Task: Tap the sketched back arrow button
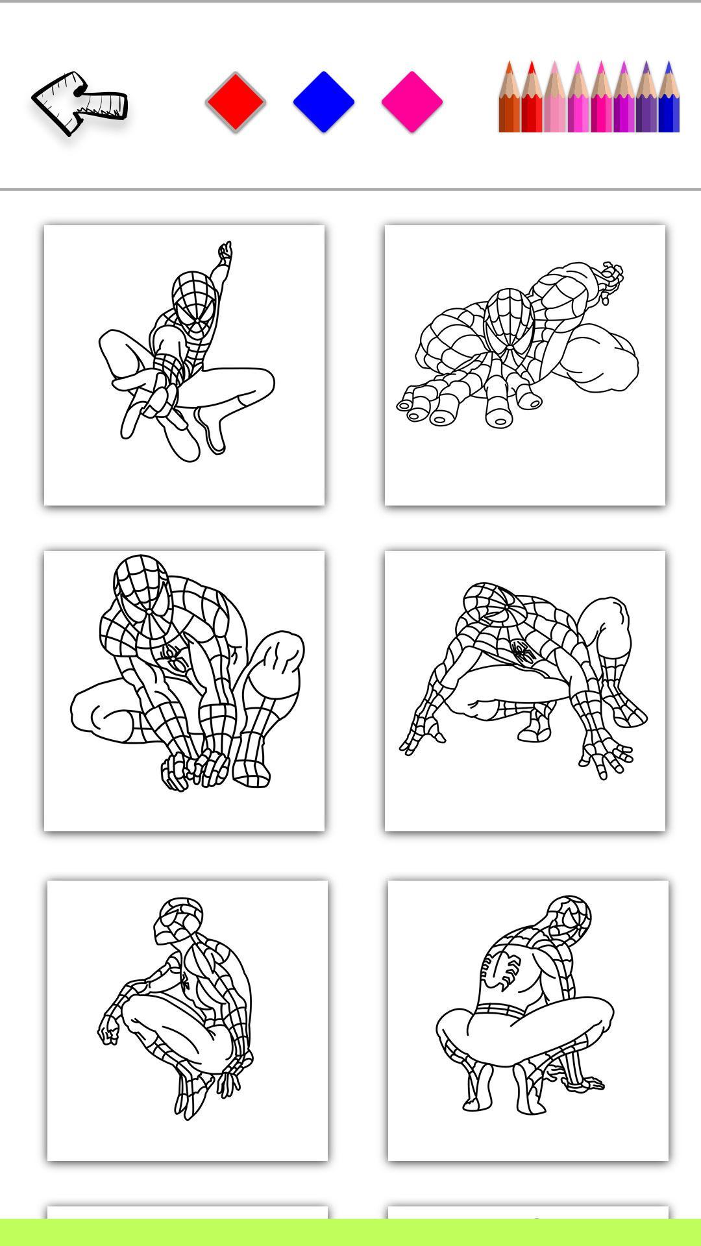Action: coord(79,103)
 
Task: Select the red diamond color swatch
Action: coord(236,102)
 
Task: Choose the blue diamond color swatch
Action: coord(324,102)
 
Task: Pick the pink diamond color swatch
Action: coord(412,102)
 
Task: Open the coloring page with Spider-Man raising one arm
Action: coord(184,365)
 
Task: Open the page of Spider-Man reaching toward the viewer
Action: coord(524,365)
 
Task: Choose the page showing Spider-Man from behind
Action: coord(528,1021)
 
